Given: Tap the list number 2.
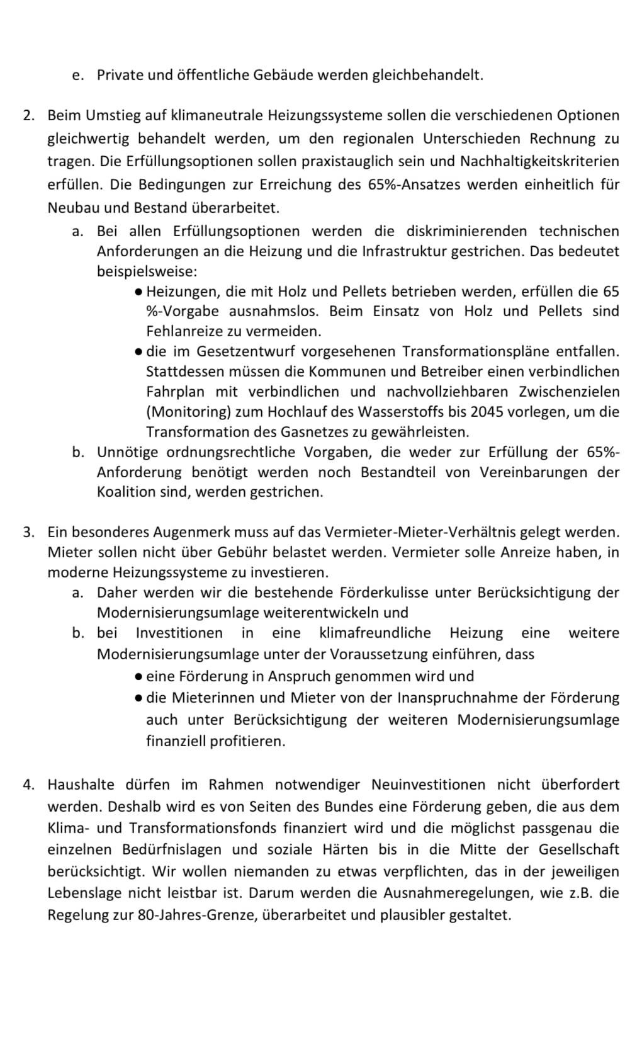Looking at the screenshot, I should [x=27, y=116].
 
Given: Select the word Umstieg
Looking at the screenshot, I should [x=111, y=116].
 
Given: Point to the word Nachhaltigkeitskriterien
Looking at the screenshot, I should [x=539, y=161].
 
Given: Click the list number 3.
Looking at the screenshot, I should [x=27, y=532].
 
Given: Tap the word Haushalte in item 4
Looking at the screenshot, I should [x=81, y=785].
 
